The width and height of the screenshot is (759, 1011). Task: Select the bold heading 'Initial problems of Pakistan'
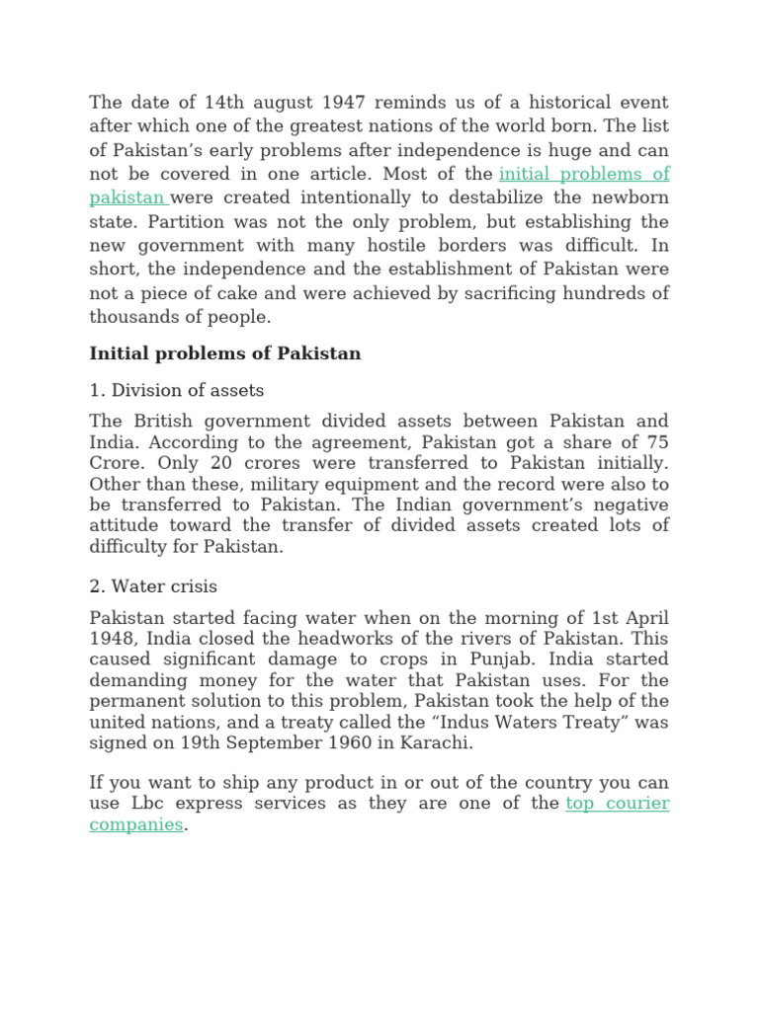pos(225,353)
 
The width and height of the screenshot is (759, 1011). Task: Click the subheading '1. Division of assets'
pos(177,390)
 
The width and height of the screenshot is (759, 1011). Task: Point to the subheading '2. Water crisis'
pos(153,586)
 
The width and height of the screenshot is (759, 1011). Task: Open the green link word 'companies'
pos(136,824)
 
